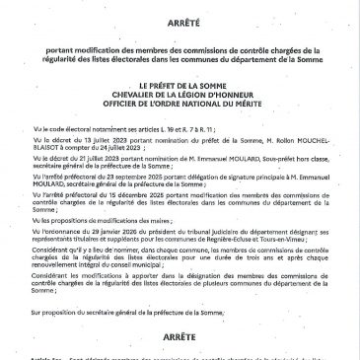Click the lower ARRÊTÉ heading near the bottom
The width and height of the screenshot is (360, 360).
180,336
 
